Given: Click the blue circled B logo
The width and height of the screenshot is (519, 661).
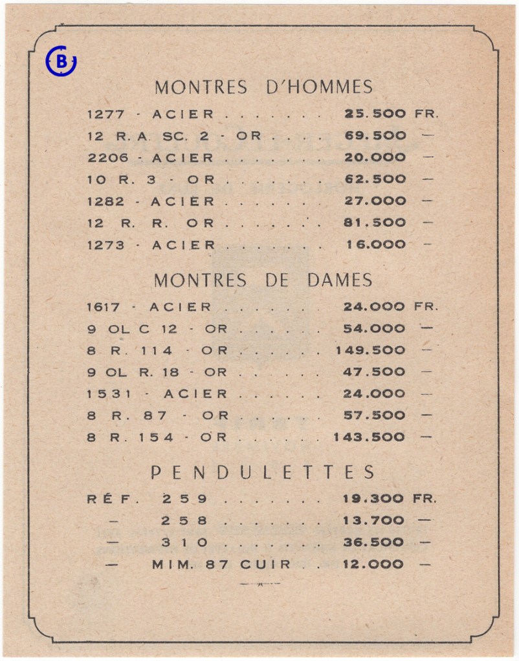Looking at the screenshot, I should point(61,61).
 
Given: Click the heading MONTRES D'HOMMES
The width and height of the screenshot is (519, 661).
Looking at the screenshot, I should point(263,87).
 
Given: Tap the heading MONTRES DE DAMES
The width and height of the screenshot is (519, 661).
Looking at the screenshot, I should point(263,280).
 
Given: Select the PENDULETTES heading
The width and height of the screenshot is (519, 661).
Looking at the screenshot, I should point(263,472).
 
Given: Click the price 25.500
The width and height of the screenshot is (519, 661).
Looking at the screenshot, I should point(375,114).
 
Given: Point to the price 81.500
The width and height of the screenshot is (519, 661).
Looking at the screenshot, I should point(375,222).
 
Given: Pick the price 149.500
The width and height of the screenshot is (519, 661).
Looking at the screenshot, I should point(371,350).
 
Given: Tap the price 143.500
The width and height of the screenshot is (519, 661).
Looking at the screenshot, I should point(370,437).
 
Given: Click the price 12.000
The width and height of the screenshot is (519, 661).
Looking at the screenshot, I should point(373,564).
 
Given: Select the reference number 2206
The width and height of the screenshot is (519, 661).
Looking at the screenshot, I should point(105,158).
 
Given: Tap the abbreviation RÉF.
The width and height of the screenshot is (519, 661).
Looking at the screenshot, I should point(106,499).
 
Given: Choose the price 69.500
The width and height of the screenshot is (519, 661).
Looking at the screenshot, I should point(375,136).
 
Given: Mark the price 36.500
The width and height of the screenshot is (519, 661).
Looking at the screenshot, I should point(373,542).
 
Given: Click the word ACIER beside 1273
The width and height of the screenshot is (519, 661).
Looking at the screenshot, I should point(183,245).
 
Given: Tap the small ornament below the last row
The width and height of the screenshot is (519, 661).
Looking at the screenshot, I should point(259,584).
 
